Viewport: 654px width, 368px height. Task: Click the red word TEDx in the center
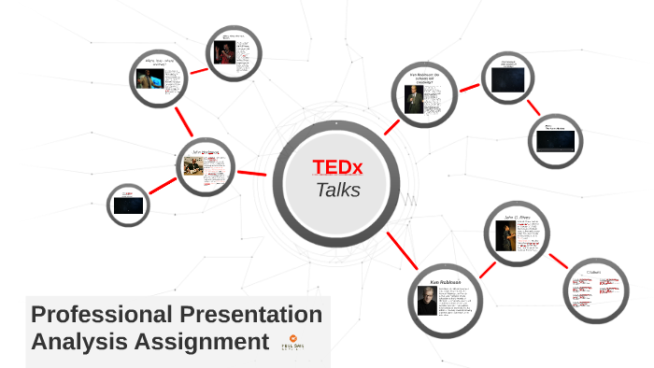(x=338, y=167)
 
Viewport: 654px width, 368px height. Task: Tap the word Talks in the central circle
(x=337, y=191)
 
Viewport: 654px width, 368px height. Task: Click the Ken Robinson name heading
(x=446, y=281)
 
